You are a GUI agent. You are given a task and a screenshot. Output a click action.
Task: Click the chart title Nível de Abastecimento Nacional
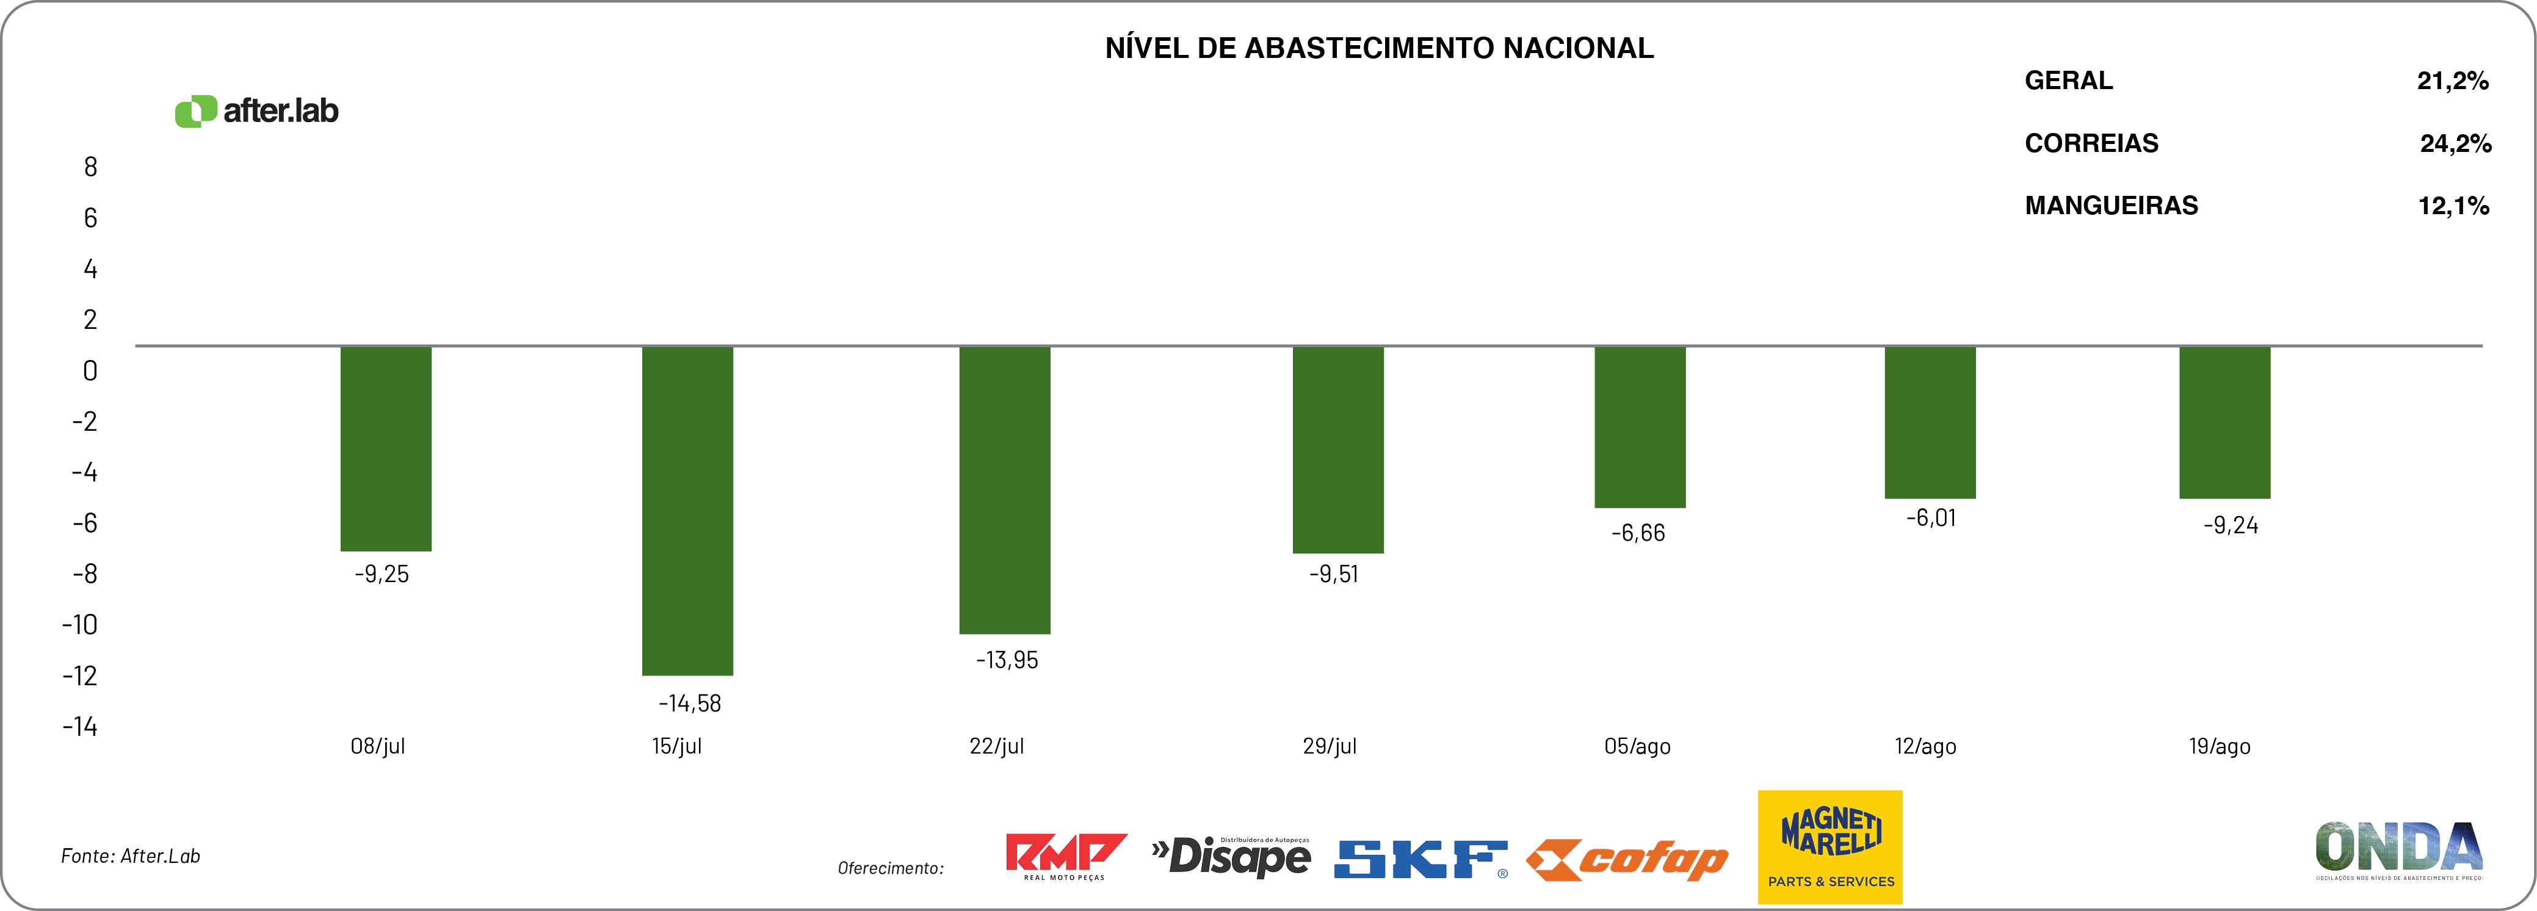pos(1379,48)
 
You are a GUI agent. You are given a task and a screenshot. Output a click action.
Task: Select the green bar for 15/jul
pos(687,510)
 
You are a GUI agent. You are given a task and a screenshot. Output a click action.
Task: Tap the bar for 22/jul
pos(1005,489)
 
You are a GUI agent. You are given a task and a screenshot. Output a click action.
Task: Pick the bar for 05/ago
pos(1640,427)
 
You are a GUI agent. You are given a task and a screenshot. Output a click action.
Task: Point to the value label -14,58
pos(689,703)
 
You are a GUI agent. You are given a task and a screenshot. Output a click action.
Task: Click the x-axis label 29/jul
pos(1330,746)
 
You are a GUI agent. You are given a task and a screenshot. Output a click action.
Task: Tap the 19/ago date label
pos(2220,746)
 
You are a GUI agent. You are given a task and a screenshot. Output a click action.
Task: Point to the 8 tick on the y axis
pos(90,167)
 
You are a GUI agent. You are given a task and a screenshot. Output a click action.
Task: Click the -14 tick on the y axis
pos(80,727)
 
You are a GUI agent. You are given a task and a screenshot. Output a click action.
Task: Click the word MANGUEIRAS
pos(2110,206)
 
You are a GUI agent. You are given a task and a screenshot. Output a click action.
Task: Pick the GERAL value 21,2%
pos(2452,81)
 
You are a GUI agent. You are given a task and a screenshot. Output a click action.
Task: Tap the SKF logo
pos(1420,859)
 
